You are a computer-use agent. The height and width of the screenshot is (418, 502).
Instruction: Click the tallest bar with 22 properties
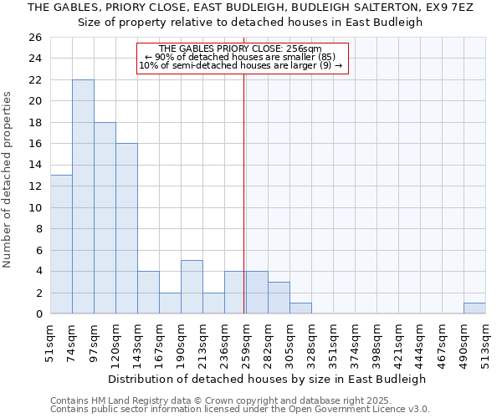tap(83, 196)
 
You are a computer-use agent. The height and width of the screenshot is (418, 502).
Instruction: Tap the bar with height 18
tap(105, 217)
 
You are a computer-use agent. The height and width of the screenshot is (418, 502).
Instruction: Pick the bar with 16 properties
tap(126, 228)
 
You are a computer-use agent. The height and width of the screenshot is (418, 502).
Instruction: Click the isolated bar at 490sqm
tap(474, 308)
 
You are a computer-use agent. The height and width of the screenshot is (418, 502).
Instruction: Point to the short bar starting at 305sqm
tap(300, 308)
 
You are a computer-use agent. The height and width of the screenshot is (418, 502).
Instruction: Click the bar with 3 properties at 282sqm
tap(279, 298)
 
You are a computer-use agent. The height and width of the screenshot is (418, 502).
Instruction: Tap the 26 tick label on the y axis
tap(34, 38)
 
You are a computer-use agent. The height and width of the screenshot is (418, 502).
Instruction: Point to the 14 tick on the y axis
tap(34, 165)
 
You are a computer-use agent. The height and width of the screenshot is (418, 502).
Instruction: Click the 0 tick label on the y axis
tap(38, 314)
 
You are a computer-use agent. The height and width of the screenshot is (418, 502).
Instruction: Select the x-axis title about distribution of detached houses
tap(268, 379)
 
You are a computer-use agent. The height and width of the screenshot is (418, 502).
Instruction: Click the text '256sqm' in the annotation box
tap(304, 48)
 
